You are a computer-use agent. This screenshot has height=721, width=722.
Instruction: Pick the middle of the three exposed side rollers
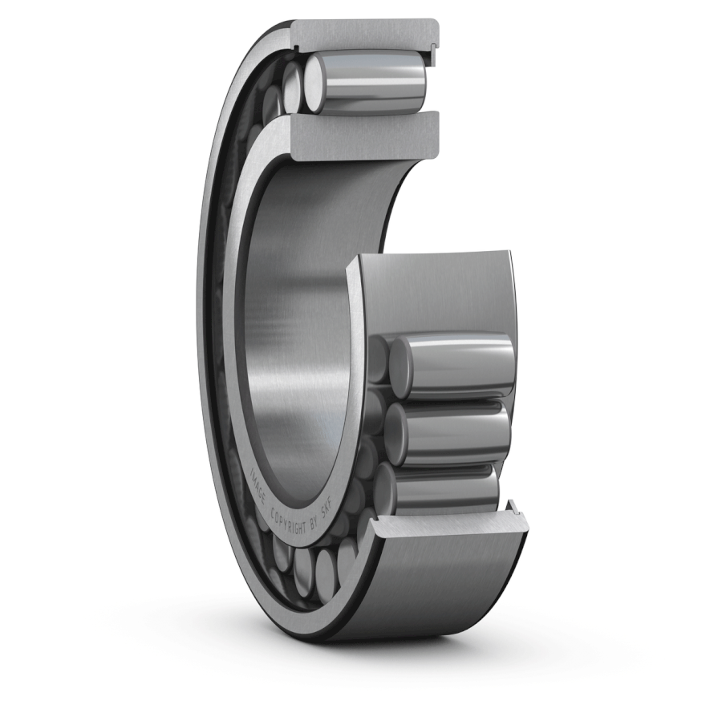tap(453, 433)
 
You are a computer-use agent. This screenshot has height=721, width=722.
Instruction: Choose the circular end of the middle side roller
tap(395, 433)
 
